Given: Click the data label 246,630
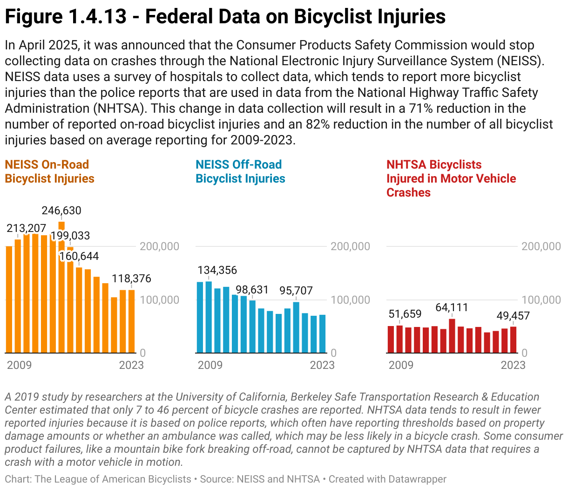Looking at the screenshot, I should (61, 211).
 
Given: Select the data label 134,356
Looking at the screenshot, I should (217, 270).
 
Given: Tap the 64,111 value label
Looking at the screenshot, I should (452, 307).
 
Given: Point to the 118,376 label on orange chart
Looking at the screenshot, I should (132, 279).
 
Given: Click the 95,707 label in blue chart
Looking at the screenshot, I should (296, 291).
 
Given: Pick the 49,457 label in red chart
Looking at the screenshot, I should (513, 316).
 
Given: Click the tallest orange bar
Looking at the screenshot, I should (61, 289).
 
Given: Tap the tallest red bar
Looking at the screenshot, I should (452, 335).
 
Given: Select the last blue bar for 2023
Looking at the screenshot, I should (322, 333).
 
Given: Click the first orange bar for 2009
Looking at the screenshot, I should (9, 299).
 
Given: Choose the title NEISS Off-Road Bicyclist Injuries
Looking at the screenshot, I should (240, 171).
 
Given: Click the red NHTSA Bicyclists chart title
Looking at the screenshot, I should (451, 178).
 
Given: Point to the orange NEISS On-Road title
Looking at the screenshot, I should (49, 171).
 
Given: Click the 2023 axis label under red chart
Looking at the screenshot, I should (513, 365).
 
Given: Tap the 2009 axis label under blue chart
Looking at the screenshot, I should (210, 365).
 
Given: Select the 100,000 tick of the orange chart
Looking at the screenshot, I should (159, 299).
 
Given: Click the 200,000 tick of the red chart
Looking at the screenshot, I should (541, 246).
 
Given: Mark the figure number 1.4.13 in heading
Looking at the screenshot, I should (97, 17).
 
